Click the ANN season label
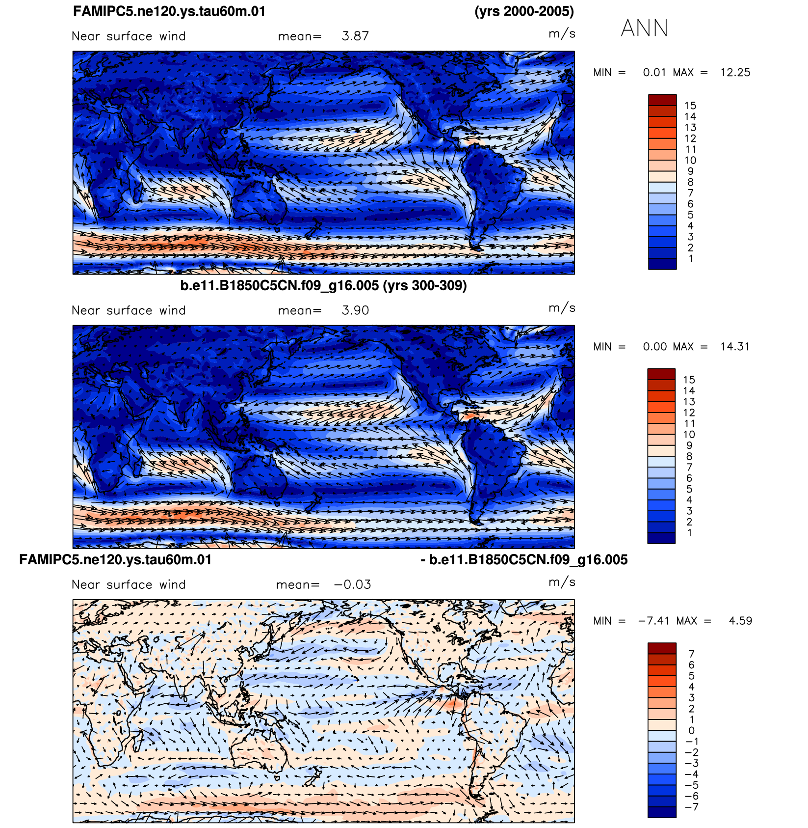click(x=645, y=28)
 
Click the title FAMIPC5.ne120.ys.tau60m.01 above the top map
click(x=169, y=11)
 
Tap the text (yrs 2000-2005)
click(x=524, y=11)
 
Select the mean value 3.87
click(x=355, y=36)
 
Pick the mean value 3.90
click(x=355, y=311)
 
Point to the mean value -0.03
click(x=352, y=585)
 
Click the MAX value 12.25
click(x=735, y=73)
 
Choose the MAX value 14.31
click(x=735, y=347)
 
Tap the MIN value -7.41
click(x=653, y=621)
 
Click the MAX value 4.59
click(x=740, y=621)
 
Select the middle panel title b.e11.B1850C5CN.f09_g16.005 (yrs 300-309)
click(x=323, y=285)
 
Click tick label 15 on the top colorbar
click(x=690, y=106)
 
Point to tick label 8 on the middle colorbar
click(x=689, y=456)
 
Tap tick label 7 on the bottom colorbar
click(x=692, y=654)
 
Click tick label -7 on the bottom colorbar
click(x=692, y=807)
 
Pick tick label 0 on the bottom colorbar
click(x=692, y=730)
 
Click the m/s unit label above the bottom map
click(x=562, y=582)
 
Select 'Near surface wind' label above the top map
click(x=129, y=36)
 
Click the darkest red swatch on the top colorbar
click(x=662, y=100)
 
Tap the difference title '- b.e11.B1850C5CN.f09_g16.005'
click(x=524, y=560)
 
